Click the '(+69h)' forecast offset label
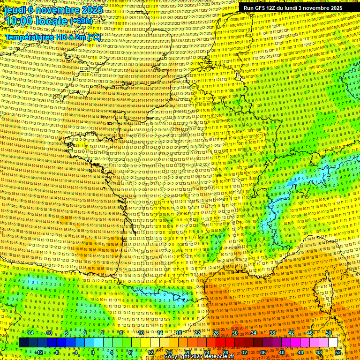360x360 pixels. pyautogui.click(x=81, y=21)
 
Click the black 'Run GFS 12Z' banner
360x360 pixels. pyautogui.click(x=293, y=8)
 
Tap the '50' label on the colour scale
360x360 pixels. pyautogui.click(x=328, y=333)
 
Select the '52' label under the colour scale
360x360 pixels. pyautogui.click(x=338, y=352)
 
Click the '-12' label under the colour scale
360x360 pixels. pyautogui.click(x=39, y=352)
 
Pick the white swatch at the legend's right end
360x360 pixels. pyautogui.click(x=333, y=343)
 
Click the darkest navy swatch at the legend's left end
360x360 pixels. pyautogui.click(x=23, y=343)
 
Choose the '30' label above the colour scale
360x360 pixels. pyautogui.click(x=234, y=333)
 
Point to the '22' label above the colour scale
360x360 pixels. pyautogui.click(x=197, y=333)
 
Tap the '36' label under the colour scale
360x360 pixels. pyautogui.click(x=263, y=352)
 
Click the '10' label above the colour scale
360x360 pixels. pyautogui.click(x=141, y=333)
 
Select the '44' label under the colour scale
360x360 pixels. pyautogui.click(x=300, y=352)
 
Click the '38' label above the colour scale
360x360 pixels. pyautogui.click(x=272, y=333)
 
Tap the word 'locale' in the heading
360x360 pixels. pyautogui.click(x=52, y=21)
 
